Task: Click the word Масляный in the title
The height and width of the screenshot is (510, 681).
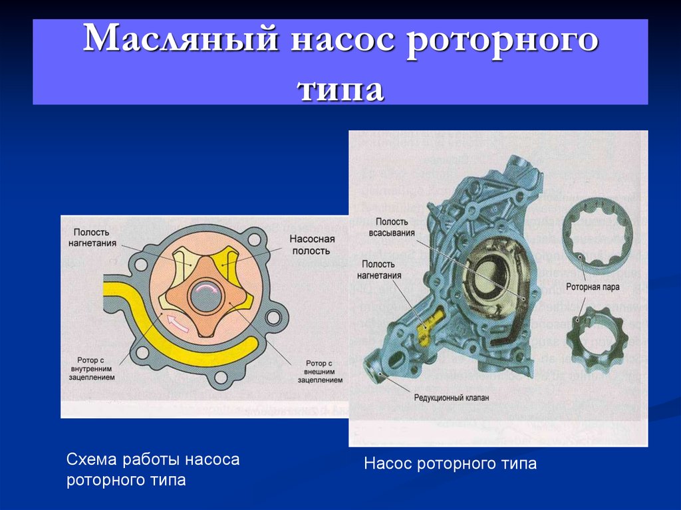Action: coord(181,38)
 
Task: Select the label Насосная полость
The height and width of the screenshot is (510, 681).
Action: coord(312,245)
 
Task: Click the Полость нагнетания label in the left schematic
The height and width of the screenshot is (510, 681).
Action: coord(92,237)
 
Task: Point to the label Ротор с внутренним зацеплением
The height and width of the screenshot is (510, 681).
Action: coord(91,369)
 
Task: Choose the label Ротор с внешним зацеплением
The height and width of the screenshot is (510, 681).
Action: coord(320,372)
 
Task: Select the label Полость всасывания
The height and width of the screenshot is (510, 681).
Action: coord(392,227)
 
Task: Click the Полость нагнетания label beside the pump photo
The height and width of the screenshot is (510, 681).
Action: coord(379,270)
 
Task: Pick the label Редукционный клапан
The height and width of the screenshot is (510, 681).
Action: coord(452,398)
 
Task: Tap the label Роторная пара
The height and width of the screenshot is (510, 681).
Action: coord(593,287)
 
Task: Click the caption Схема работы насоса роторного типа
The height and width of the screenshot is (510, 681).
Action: coord(153,469)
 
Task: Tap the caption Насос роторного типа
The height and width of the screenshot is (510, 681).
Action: coord(450,463)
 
